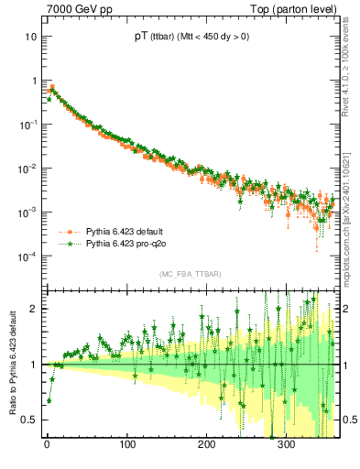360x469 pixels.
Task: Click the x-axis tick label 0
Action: click(x=47, y=446)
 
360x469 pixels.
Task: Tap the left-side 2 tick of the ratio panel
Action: click(x=32, y=309)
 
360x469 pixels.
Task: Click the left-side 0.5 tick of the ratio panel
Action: click(x=28, y=420)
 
